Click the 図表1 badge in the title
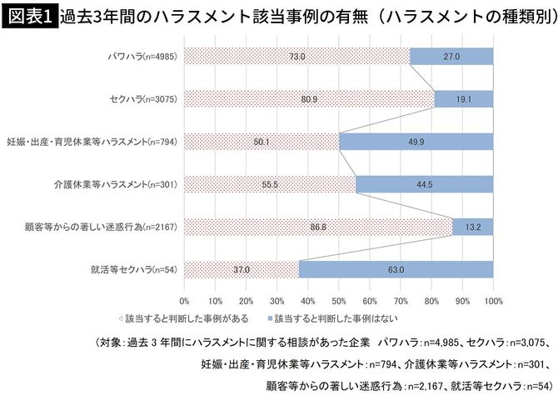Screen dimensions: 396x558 [28, 18]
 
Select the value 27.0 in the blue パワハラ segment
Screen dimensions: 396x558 [451, 56]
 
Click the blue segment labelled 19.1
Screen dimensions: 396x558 [463, 98]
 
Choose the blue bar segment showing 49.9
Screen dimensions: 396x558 [416, 142]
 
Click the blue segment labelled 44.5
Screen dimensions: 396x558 [424, 184]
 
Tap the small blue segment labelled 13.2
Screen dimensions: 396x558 [472, 227]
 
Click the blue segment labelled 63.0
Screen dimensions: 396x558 [396, 269]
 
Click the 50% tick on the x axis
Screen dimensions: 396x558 [338, 298]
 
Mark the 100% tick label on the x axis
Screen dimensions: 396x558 [492, 298]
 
